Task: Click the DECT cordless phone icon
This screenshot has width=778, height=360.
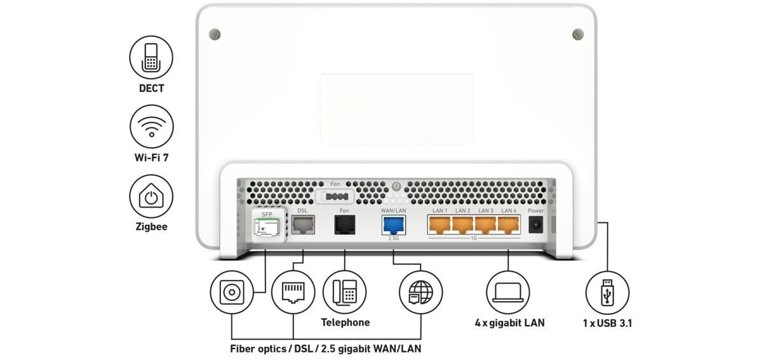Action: [x=151, y=57]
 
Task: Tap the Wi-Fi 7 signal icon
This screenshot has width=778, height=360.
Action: [x=151, y=126]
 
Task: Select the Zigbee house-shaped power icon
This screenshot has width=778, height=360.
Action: [x=151, y=196]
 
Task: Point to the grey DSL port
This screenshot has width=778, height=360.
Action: [x=302, y=224]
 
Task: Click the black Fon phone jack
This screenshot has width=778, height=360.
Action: [x=345, y=225]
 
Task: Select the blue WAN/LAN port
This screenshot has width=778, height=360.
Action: [x=393, y=225]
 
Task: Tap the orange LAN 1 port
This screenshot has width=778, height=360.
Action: [x=440, y=225]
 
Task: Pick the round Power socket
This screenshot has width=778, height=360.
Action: [x=536, y=225]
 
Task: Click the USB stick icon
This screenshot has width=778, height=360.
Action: [x=607, y=293]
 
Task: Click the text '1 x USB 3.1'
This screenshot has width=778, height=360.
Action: [x=607, y=323]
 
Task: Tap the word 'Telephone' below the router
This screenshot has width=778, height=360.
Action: [x=345, y=323]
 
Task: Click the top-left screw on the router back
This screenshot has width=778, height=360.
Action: [x=215, y=34]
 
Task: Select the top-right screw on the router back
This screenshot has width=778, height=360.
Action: [x=577, y=34]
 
